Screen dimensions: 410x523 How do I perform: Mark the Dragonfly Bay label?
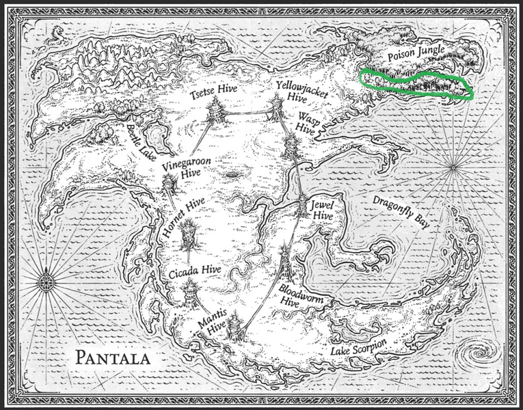(x=397, y=213)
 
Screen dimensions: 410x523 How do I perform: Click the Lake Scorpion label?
(x=358, y=347)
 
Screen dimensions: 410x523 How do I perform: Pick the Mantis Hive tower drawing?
(x=236, y=327)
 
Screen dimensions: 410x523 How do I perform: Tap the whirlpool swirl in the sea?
(x=472, y=356)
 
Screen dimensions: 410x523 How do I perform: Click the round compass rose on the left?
(x=46, y=281)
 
